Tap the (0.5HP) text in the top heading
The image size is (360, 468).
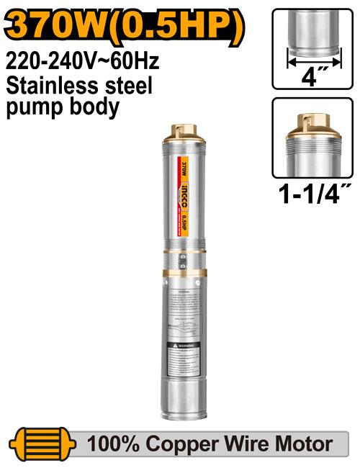coord(181,25)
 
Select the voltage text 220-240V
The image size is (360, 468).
coord(50,62)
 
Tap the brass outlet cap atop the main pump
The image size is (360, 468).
coord(180,130)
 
